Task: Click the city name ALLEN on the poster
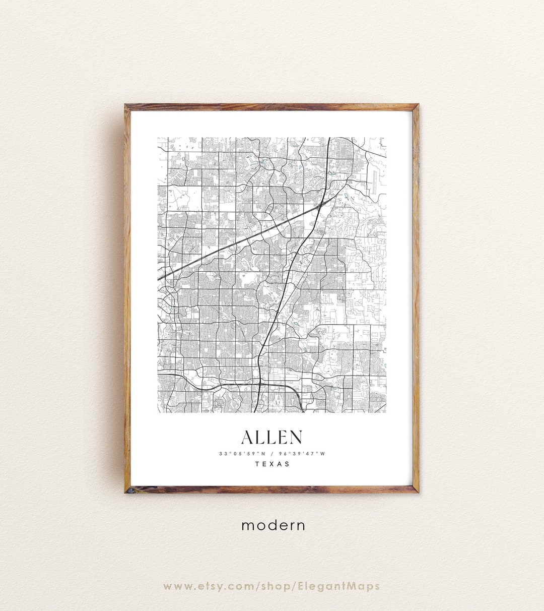tap(272, 437)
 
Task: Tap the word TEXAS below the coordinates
tap(273, 464)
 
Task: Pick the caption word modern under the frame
tap(273, 525)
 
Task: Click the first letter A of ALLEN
tap(248, 437)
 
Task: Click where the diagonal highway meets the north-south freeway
tap(320, 206)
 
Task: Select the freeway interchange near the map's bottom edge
tap(258, 386)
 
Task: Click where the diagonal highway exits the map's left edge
tap(159, 278)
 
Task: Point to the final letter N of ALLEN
tap(296, 437)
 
